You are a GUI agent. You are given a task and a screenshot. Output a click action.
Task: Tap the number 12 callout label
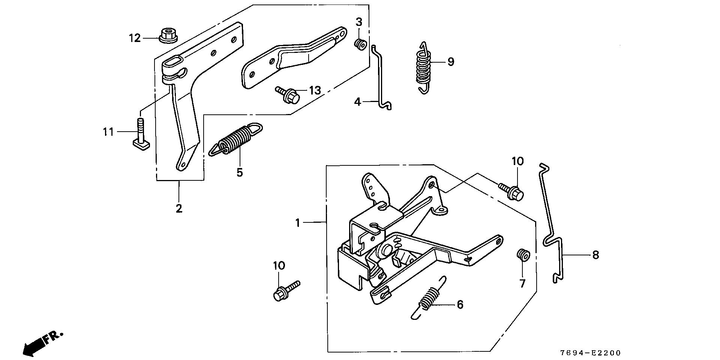135,38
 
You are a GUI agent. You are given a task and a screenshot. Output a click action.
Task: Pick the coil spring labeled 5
236,140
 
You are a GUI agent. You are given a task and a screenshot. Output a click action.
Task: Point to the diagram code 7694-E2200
590,353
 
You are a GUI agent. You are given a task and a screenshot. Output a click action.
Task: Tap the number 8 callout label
595,255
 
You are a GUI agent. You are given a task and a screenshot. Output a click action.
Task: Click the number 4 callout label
357,101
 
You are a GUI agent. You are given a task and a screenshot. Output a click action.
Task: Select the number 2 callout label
179,208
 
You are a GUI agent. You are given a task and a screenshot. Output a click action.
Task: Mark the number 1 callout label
298,223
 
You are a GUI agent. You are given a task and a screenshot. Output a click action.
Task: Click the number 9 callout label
450,61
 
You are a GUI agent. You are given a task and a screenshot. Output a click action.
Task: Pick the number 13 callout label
315,90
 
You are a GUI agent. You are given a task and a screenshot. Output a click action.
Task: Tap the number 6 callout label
460,304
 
